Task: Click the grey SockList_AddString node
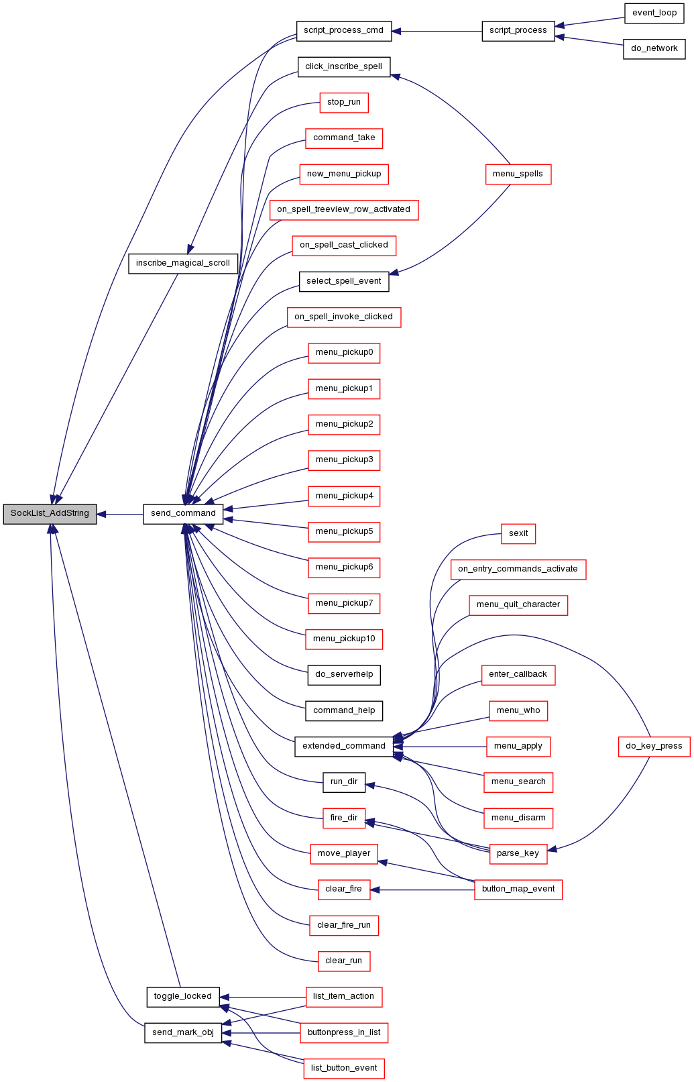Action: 50,514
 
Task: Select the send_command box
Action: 183,514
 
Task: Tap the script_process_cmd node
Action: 344,31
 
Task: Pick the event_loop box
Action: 654,13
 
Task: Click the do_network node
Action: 654,49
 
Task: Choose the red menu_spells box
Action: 518,174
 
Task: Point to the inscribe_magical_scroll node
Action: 183,264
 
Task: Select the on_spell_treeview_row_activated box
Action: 344,210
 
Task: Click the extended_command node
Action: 344,747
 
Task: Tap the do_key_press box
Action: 654,747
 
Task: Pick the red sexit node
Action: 518,534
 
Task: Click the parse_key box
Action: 518,854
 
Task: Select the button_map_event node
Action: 518,889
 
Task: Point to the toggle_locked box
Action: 183,997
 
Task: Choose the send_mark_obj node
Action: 183,1033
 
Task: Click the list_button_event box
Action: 344,1069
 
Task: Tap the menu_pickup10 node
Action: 344,639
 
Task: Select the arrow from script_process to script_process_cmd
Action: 437,32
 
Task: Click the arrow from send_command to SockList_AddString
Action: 120,515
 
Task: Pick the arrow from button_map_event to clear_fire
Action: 422,889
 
